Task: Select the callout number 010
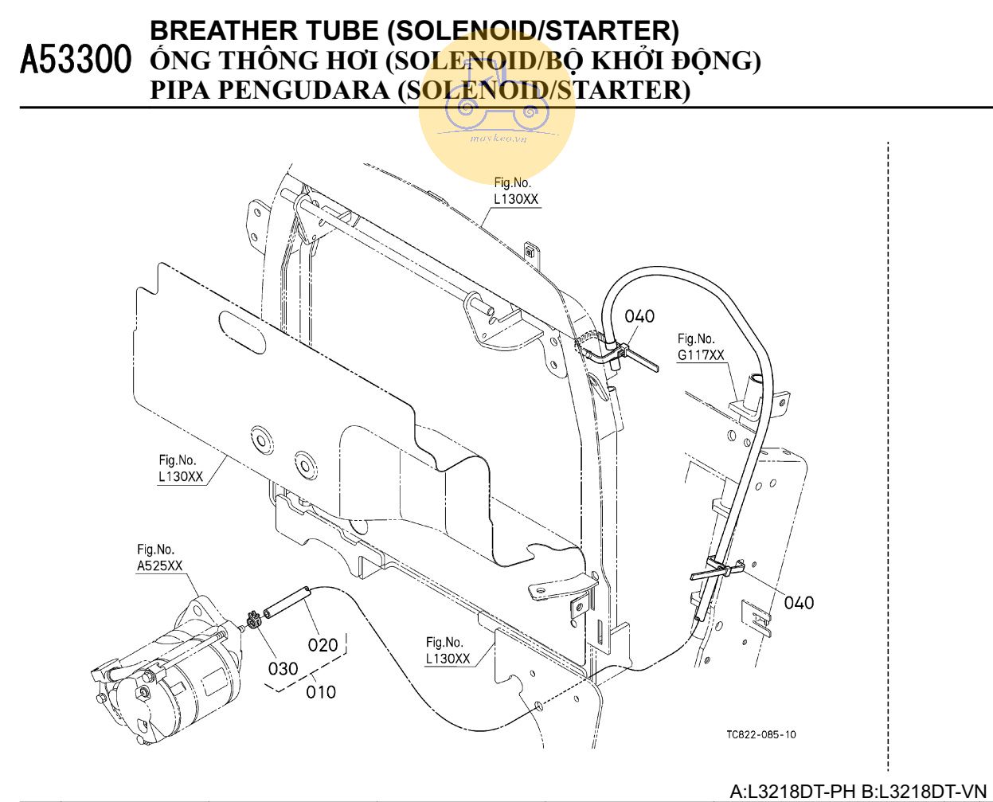(321, 692)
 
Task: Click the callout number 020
(323, 644)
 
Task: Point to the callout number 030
(283, 668)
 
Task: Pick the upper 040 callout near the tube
(639, 316)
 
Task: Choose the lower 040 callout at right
(799, 603)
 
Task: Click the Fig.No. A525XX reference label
(159, 558)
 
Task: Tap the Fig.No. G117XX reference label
(701, 347)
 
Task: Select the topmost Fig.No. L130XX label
(516, 191)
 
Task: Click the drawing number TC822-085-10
(760, 735)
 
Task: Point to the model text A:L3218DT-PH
(793, 792)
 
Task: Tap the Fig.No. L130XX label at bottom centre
(448, 651)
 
